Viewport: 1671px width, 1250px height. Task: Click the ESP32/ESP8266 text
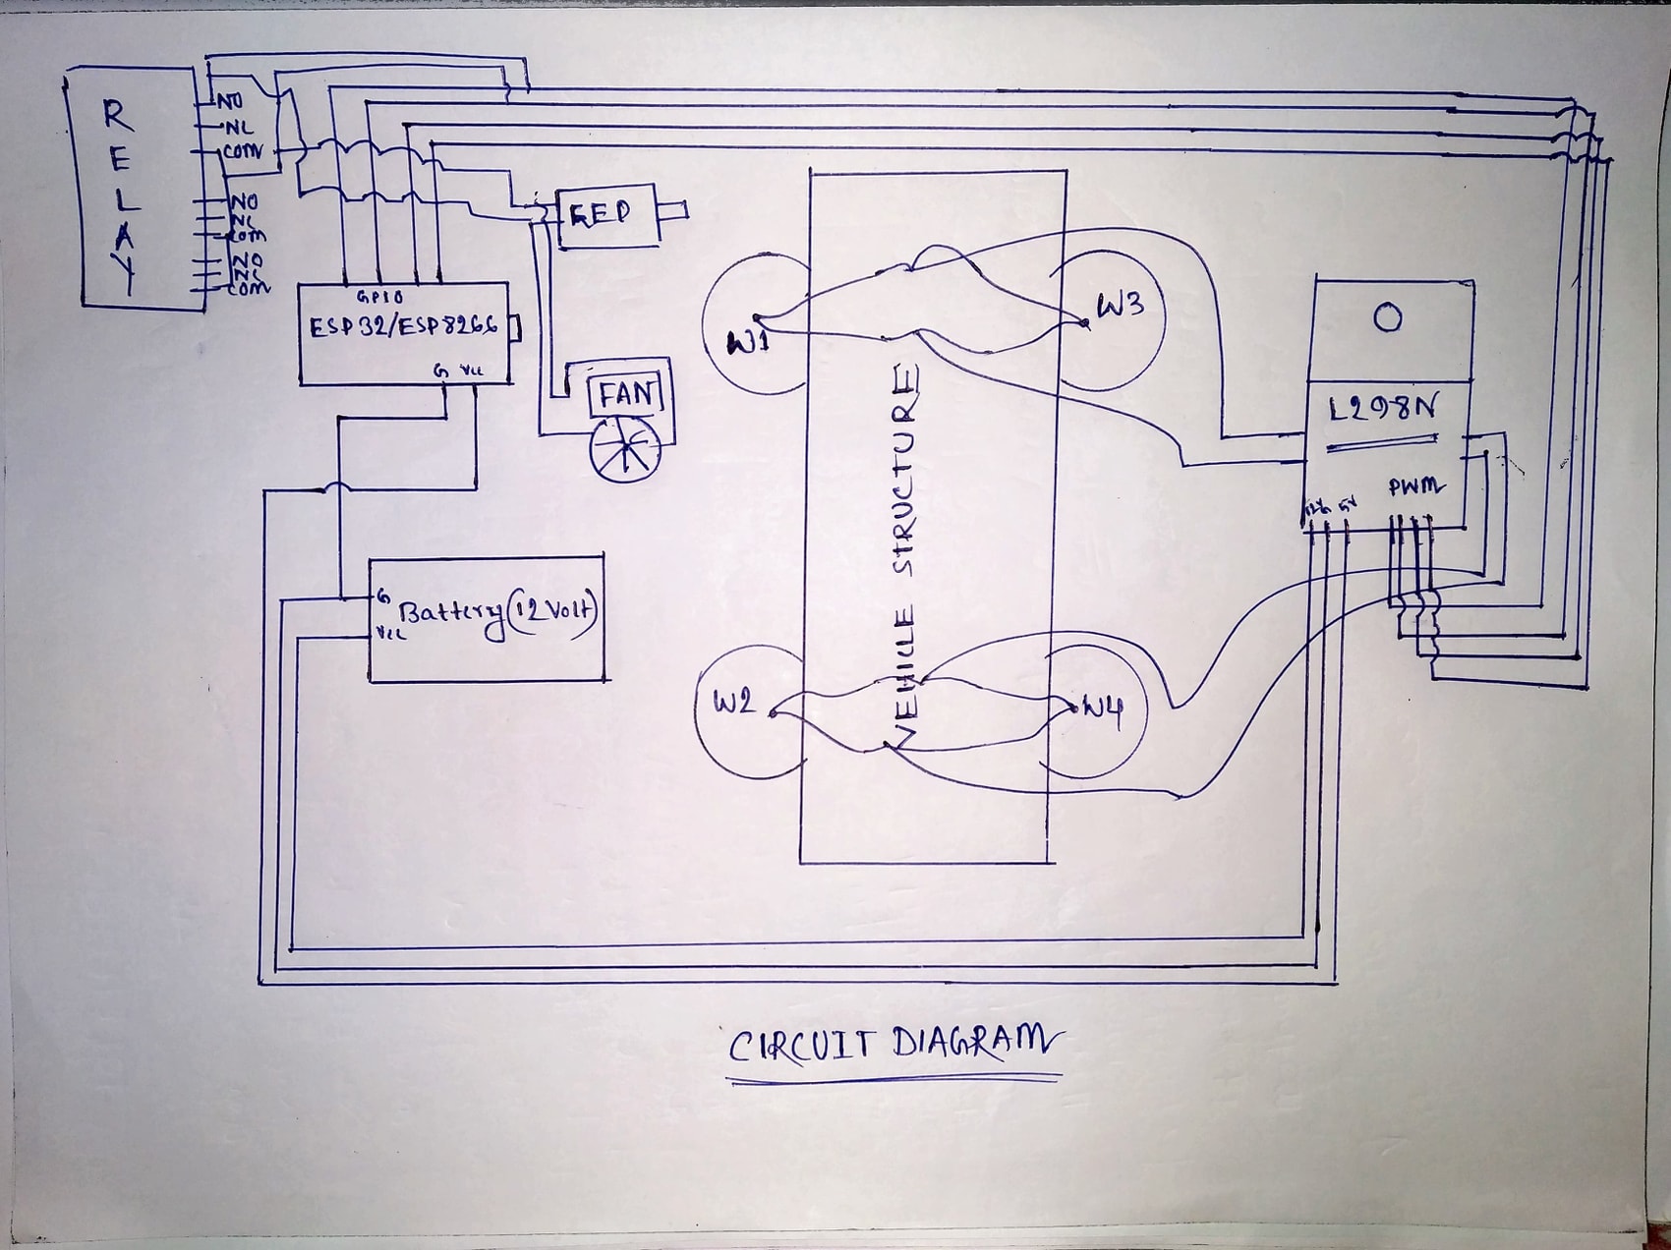404,326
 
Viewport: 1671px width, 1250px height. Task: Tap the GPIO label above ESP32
379,296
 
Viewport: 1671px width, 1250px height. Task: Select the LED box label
600,213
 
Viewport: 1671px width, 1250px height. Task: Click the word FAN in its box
626,395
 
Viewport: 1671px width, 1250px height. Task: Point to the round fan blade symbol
625,449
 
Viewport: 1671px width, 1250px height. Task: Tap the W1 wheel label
748,342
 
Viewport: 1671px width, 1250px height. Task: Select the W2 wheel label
733,702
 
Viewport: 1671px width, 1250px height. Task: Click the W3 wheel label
1120,305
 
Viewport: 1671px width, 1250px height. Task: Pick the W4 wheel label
1102,710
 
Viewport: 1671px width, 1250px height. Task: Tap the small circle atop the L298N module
1387,318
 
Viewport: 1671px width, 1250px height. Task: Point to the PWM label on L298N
1415,486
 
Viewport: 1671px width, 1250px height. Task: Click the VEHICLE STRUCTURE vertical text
905,550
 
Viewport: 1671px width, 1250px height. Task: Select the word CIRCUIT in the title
801,1046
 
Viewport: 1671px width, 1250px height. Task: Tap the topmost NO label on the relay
229,100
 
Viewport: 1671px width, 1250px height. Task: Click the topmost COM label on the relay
242,152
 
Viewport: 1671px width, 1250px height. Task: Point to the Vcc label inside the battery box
390,635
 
